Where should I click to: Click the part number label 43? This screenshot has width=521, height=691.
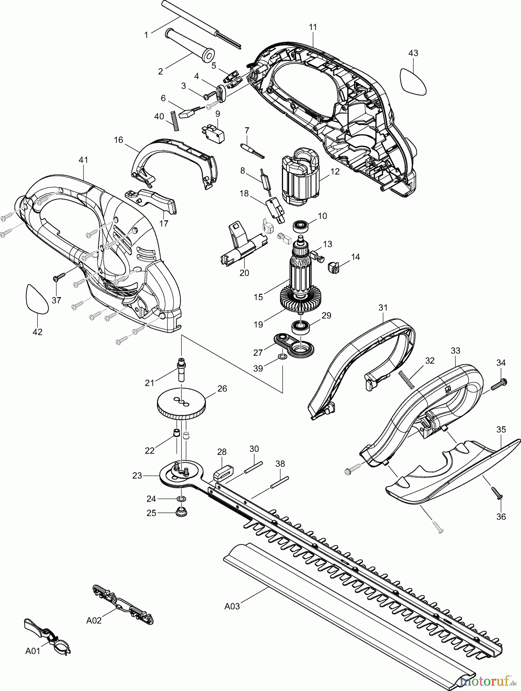413,53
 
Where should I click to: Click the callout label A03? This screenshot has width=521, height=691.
232,607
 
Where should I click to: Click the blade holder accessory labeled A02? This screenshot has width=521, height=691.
122,605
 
